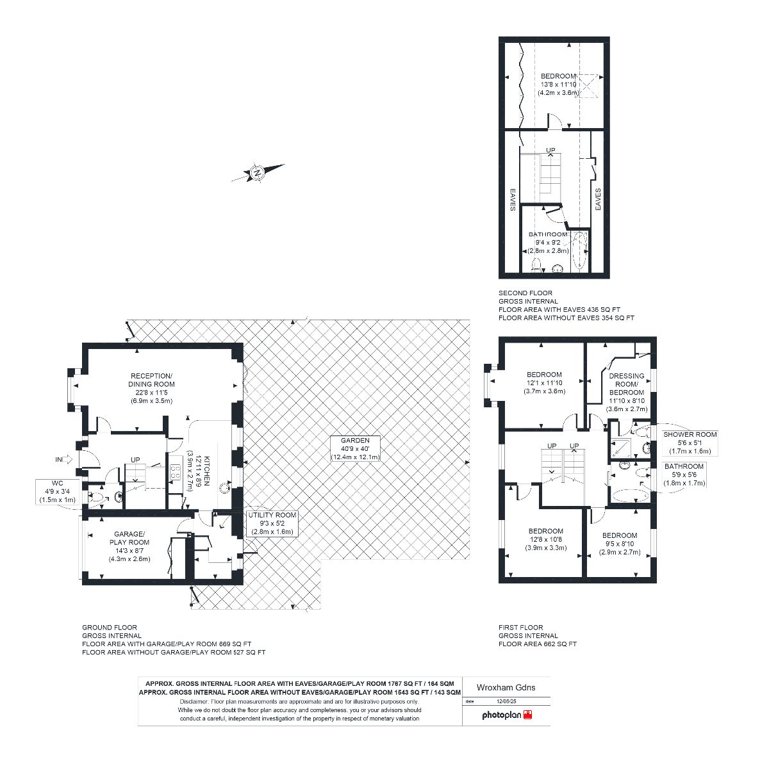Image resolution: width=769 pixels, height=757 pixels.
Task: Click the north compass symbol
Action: [x=258, y=173]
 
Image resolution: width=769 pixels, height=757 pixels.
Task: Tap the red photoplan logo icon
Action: [x=528, y=714]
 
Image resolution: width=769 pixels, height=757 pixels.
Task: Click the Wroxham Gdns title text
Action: [x=506, y=687]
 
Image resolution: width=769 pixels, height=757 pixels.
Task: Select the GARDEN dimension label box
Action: [x=355, y=449]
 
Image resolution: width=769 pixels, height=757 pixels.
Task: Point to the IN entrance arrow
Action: [x=63, y=459]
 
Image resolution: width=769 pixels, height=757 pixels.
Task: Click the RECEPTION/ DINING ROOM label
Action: [x=151, y=388]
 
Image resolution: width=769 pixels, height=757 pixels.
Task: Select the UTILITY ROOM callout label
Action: [x=272, y=523]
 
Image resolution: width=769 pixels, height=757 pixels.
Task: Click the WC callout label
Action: [x=58, y=491]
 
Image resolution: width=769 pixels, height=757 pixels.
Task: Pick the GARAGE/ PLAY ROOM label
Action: [x=129, y=546]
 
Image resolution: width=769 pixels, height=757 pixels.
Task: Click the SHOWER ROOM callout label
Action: [x=690, y=443]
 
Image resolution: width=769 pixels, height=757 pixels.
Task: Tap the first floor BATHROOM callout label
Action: [x=684, y=474]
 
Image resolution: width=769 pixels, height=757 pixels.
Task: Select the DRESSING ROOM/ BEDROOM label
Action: [x=627, y=392]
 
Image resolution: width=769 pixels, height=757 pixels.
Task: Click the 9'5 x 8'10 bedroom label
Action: [x=620, y=544]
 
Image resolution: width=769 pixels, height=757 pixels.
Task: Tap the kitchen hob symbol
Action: [x=175, y=472]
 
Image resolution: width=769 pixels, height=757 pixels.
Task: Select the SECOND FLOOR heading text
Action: [x=525, y=293]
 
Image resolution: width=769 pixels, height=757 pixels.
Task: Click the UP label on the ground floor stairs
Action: [x=135, y=459]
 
